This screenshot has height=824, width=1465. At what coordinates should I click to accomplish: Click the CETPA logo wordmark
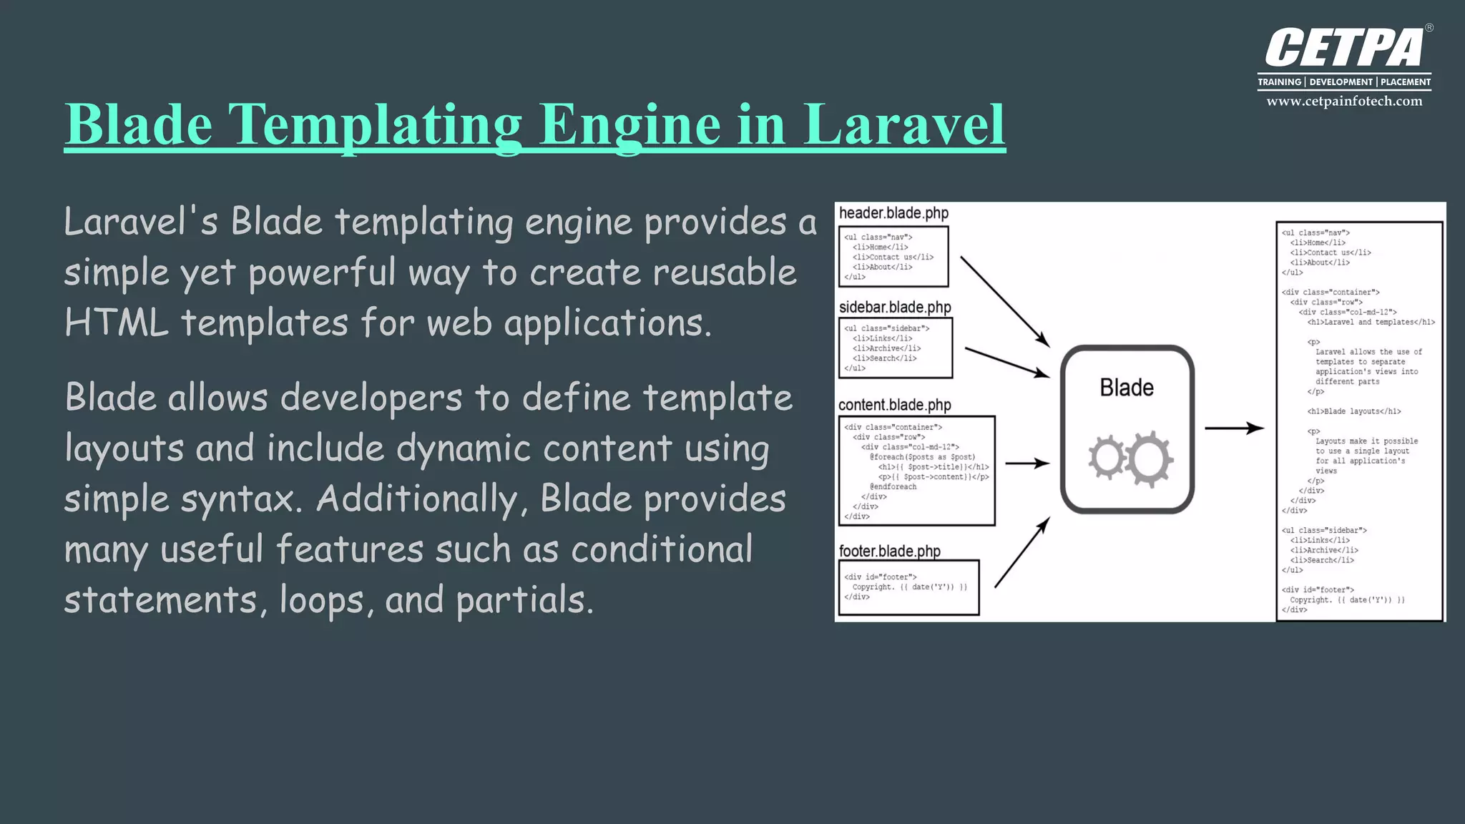coord(1345,49)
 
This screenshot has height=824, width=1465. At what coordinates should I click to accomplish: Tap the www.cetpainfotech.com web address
coord(1344,102)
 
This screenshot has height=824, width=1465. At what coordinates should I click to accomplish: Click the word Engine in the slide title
coord(629,124)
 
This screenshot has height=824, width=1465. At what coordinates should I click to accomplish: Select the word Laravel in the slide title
coord(904,124)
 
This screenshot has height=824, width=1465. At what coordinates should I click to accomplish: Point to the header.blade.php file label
coord(893,213)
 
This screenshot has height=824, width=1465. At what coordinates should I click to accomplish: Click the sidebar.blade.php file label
coord(895,308)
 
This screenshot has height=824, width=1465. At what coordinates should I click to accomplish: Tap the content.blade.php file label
coord(895,405)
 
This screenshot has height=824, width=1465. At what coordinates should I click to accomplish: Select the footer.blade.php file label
coord(889,551)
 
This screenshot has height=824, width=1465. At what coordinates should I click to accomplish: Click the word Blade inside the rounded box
coord(1127,388)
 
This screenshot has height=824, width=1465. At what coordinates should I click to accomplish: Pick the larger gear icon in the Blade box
coord(1149,459)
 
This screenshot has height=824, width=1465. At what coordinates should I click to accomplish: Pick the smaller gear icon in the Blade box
coord(1107,458)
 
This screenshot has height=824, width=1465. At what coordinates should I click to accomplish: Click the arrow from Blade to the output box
coord(1234,428)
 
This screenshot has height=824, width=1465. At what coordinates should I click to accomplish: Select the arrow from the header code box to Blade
coord(1004,301)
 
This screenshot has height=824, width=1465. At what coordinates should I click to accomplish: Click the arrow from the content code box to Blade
coord(1027,463)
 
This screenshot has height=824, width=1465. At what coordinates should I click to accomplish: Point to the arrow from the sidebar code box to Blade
coord(1006,362)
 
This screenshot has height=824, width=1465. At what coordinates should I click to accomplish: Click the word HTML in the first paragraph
coord(116,323)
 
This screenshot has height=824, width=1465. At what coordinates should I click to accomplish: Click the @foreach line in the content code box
coord(922,457)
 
